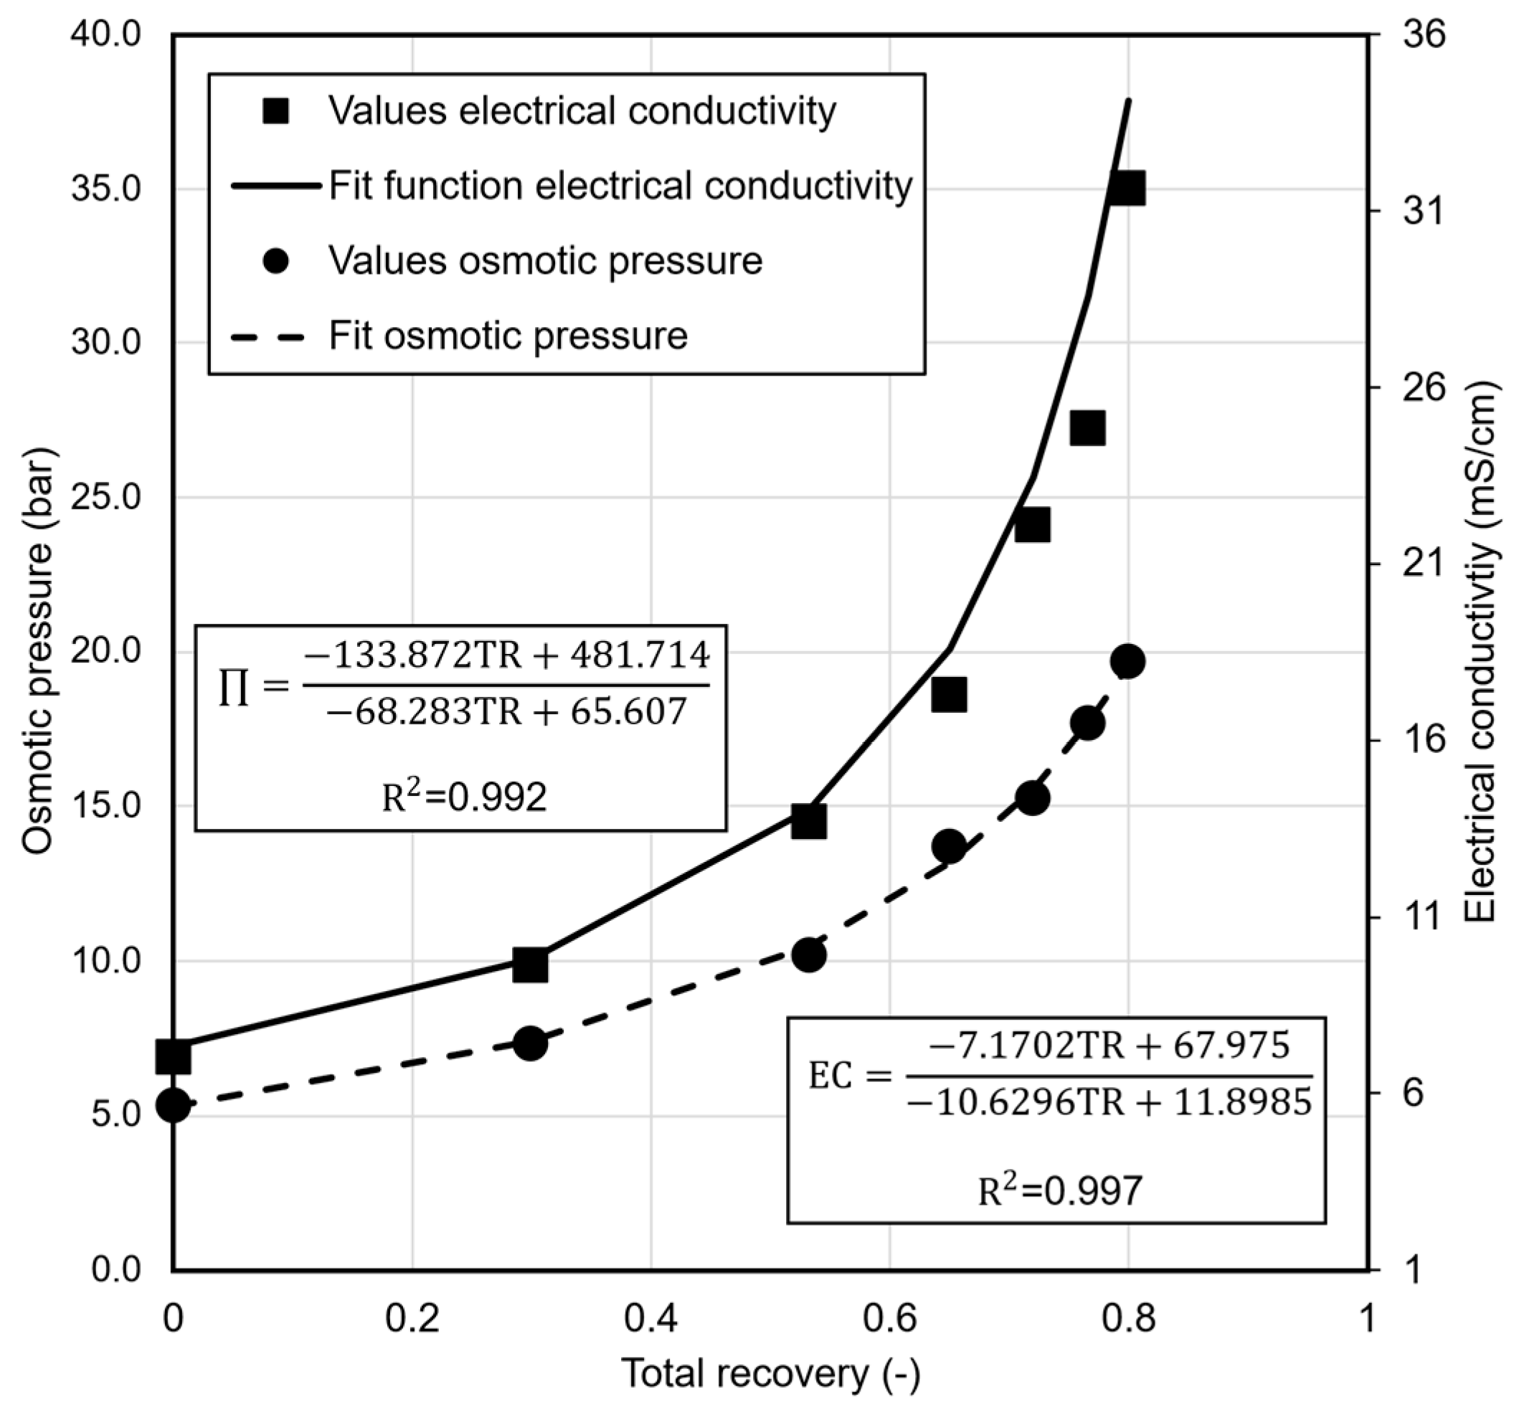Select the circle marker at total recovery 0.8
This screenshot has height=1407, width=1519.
1127,662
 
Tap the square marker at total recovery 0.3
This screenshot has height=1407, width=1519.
530,965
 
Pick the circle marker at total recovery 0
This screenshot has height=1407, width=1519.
173,1106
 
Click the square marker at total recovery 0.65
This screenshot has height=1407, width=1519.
949,694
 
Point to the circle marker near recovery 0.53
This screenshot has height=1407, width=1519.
808,954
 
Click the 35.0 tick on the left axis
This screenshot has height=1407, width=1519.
107,189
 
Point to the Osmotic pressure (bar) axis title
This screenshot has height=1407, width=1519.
38,651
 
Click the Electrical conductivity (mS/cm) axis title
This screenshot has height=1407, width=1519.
1480,651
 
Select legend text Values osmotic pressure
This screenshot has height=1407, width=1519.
545,261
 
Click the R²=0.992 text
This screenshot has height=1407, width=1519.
464,798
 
